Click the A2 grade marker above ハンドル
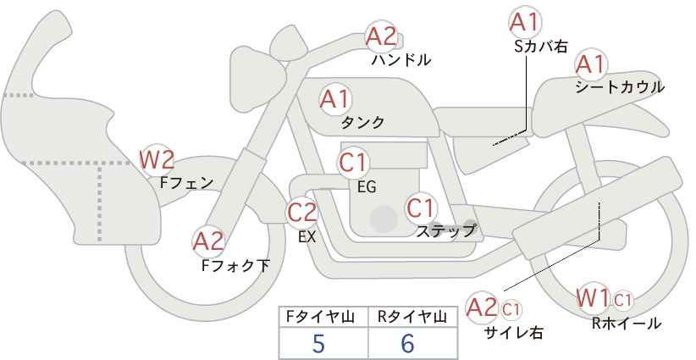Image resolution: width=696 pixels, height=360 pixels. tap(381, 36)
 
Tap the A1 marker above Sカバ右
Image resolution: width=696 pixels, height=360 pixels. tap(525, 22)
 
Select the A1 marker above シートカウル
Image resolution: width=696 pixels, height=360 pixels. tap(591, 64)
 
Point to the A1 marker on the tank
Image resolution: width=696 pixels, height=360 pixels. tap(335, 99)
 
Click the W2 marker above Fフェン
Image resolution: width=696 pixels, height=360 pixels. tap(157, 160)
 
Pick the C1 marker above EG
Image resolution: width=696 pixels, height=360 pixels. tap(353, 162)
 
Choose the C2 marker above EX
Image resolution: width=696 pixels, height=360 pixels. tap(301, 212)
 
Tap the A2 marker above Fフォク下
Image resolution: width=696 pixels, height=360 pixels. tap(208, 242)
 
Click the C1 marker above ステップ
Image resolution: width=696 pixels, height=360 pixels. tap(420, 208)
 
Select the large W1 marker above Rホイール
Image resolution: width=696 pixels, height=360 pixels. tap(593, 298)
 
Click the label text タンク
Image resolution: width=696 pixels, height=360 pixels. tap(362, 123)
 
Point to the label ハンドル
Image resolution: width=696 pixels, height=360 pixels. tap(401, 59)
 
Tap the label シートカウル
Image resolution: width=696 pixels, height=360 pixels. tap(620, 87)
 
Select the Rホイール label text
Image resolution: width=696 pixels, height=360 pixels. tap(627, 324)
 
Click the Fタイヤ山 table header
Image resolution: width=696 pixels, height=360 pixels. tap(320, 317)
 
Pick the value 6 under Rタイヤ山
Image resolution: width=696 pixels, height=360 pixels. tap(407, 343)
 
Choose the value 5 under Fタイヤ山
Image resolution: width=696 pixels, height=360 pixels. tap(318, 343)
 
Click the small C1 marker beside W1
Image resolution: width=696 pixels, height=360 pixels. tap(623, 301)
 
